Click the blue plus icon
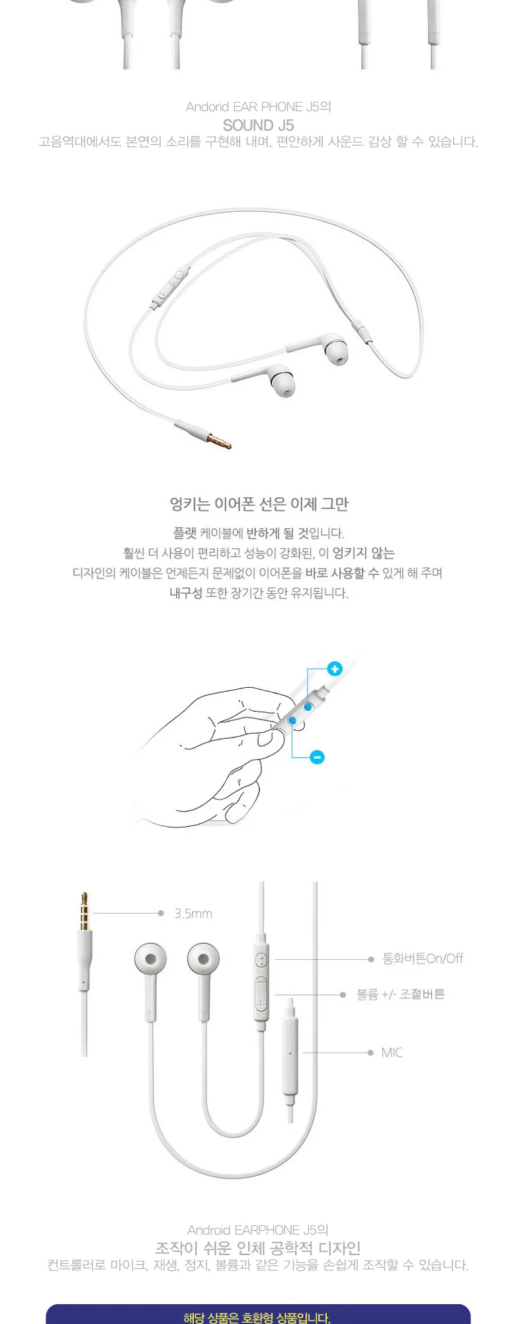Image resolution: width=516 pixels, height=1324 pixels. [x=335, y=669]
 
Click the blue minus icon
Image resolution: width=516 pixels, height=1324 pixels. [x=318, y=757]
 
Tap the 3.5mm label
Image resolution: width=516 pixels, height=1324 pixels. [x=193, y=914]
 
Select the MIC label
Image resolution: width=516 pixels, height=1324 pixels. [x=392, y=1053]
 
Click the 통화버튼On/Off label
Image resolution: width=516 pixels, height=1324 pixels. [x=423, y=959]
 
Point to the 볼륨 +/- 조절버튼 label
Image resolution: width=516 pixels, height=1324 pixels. [x=401, y=994]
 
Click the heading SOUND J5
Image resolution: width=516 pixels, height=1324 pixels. [x=258, y=125]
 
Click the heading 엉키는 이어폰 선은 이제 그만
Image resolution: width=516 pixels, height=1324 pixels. [x=259, y=504]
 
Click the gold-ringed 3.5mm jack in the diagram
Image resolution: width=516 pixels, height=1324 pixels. [x=85, y=911]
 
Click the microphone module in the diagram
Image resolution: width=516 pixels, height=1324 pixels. [x=290, y=1053]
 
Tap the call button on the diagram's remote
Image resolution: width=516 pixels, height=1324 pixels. [x=261, y=959]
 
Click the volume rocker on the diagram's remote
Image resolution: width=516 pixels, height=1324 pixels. [x=261, y=994]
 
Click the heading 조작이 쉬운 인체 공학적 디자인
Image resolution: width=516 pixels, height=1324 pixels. [x=258, y=1248]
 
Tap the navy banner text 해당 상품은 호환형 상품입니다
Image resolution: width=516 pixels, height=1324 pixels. [x=257, y=1317]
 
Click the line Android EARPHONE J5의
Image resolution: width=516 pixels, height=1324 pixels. [x=258, y=1230]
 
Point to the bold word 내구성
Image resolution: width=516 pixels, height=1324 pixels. [x=186, y=593]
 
